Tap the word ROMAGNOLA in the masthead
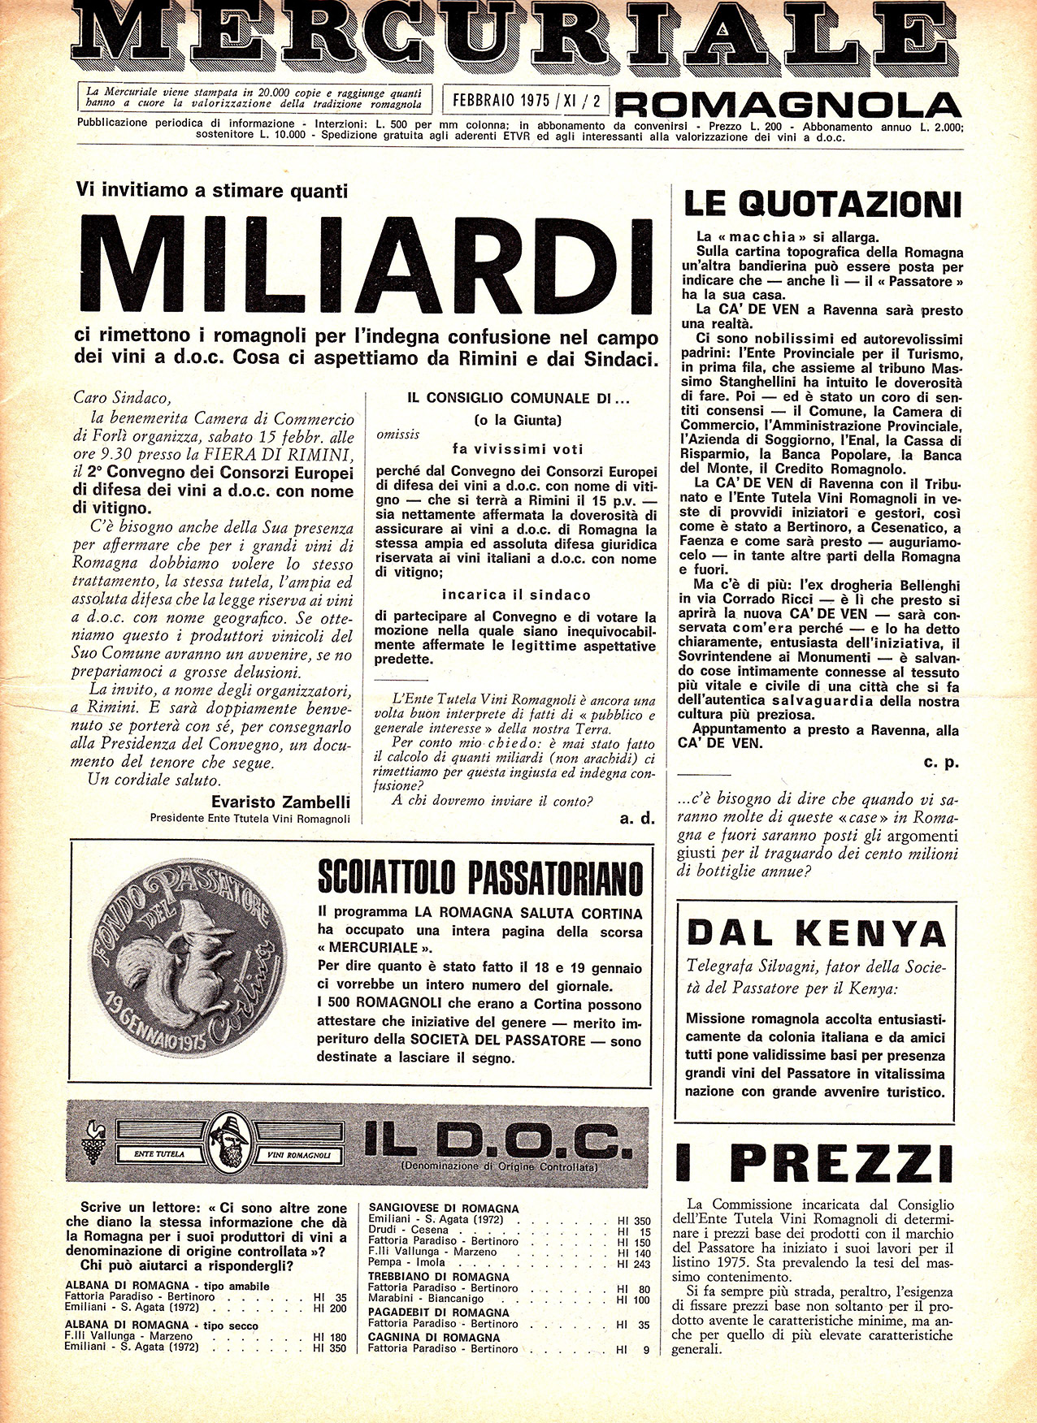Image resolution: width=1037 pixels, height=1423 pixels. click(x=788, y=104)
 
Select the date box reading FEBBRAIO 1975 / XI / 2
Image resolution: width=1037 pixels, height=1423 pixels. click(x=523, y=102)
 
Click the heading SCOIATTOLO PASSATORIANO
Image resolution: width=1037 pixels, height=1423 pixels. click(x=480, y=878)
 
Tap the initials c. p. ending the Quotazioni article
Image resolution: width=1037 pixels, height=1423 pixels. click(x=941, y=763)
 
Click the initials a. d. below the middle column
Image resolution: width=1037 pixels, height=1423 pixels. click(x=636, y=819)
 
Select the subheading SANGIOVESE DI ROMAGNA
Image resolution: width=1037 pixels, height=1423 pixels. click(x=444, y=1209)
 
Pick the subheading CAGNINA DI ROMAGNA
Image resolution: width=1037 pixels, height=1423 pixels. click(x=434, y=1337)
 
